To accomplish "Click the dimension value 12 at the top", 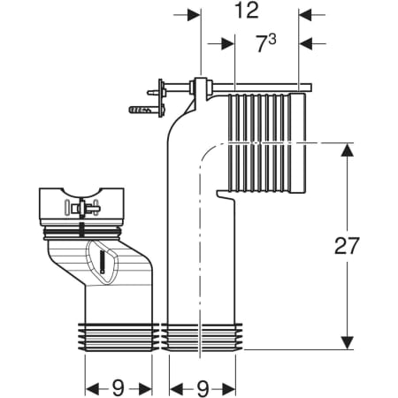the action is click(247, 11).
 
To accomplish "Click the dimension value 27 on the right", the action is click(347, 246).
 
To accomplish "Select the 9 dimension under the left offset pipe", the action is click(118, 387).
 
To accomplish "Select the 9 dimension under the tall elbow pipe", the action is click(203, 388).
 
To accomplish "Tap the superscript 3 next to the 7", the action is click(272, 39).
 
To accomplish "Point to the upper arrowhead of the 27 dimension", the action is click(348, 150).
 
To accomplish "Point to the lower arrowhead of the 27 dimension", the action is click(348, 342).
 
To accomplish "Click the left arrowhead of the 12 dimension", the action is click(194, 14).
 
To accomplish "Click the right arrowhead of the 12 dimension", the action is click(306, 14).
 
